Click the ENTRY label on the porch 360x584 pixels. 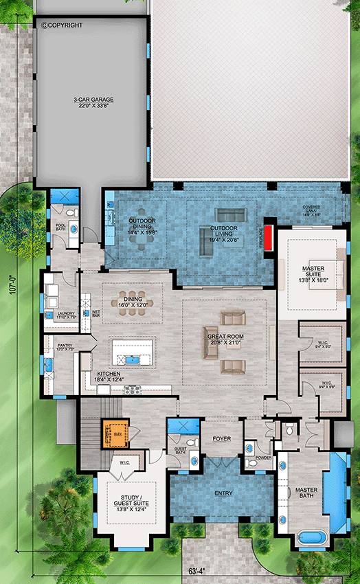223,493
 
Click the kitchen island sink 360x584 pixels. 133,358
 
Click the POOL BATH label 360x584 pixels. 60,227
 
